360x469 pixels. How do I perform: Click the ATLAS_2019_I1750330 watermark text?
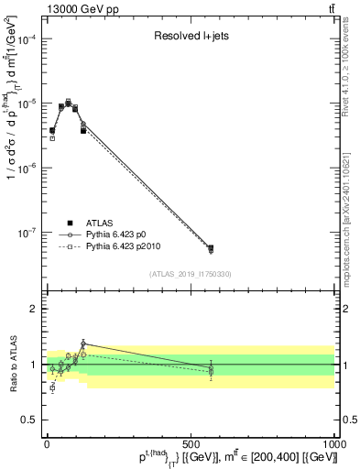pos(190,274)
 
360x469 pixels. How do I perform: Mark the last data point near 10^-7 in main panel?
pos(211,248)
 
